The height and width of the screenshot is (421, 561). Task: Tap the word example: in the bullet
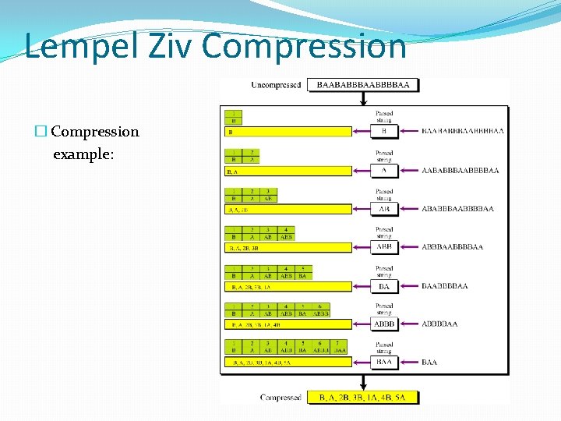83,154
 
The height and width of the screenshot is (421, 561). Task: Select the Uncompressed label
276,85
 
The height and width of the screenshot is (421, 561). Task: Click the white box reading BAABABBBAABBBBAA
363,85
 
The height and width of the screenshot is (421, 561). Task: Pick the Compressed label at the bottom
280,397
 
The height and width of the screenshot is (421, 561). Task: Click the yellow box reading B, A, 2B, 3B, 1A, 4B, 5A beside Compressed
363,397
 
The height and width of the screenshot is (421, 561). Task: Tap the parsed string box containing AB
384,209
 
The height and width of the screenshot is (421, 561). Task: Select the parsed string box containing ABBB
384,324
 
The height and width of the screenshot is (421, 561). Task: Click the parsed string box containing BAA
384,362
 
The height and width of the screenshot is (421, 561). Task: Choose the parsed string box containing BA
384,286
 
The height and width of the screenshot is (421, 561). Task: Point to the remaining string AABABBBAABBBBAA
460,171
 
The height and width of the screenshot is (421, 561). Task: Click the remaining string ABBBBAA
439,324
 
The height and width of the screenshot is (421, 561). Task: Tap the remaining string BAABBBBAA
444,286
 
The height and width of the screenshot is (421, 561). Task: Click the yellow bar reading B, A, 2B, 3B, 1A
288,287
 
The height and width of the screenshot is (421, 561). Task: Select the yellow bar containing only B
288,133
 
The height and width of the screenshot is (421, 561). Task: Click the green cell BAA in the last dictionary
340,351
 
